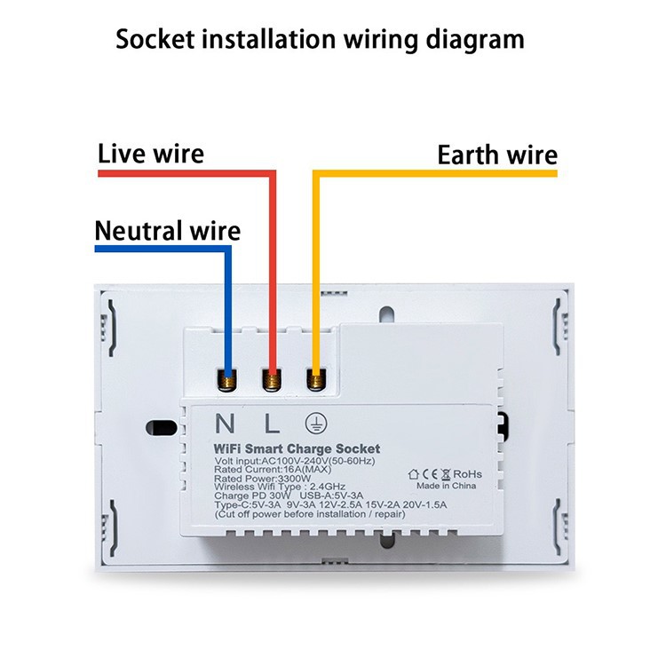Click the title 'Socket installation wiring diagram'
coord(320,39)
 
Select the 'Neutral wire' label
coord(167,232)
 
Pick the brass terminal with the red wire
coord(272,381)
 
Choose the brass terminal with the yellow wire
coord(314,380)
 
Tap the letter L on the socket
coord(269,423)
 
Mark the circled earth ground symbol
coord(313,423)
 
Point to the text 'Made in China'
coord(447,486)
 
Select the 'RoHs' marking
coord(467,473)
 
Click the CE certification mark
coord(428,473)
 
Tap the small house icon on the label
coord(414,473)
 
